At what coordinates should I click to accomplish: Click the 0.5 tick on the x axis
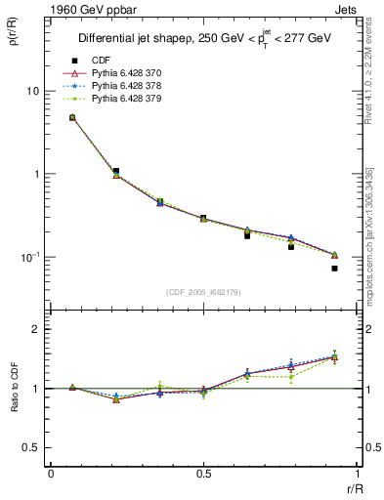[203, 476]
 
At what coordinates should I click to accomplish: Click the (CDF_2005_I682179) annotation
[203, 292]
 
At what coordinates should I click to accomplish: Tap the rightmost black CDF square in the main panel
[334, 268]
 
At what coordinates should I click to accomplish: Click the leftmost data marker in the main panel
[72, 117]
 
